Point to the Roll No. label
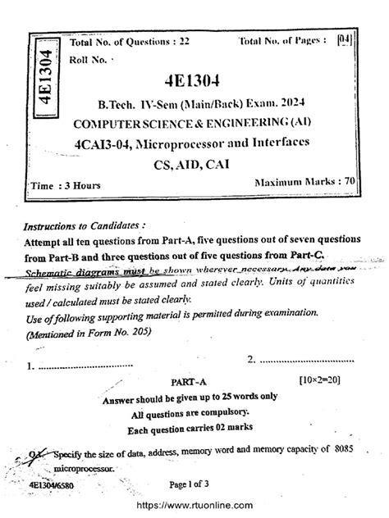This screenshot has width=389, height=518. tap(89, 58)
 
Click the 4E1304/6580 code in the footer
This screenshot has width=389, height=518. tap(51, 485)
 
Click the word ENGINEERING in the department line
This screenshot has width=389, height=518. tap(244, 124)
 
